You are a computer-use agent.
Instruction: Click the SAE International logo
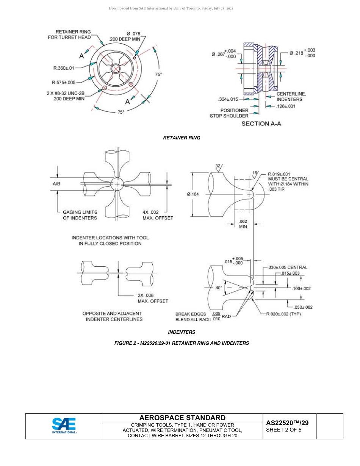tap(64, 426)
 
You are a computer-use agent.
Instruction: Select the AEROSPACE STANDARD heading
tap(182, 418)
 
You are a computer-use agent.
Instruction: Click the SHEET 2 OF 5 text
tap(284, 430)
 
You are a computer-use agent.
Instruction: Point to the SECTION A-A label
tap(261, 124)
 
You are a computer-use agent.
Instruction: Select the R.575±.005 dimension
tap(64, 82)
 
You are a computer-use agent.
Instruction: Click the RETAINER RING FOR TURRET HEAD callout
tap(69, 34)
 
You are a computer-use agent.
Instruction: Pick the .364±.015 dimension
tap(228, 99)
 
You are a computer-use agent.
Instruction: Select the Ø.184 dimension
tap(193, 194)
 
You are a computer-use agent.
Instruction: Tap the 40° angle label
tap(219, 288)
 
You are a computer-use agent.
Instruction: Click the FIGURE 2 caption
tap(182, 343)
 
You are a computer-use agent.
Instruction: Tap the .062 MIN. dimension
tap(243, 224)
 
